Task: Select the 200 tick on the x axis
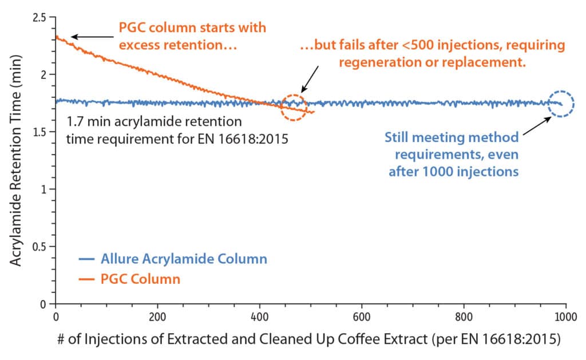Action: (x=157, y=315)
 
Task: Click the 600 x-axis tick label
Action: (x=362, y=315)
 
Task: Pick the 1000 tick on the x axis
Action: (x=565, y=315)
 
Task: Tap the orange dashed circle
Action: (x=293, y=107)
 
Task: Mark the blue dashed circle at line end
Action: (x=561, y=104)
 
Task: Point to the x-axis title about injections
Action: (x=309, y=339)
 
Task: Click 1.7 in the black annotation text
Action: (x=73, y=122)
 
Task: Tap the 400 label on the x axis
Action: (x=260, y=315)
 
